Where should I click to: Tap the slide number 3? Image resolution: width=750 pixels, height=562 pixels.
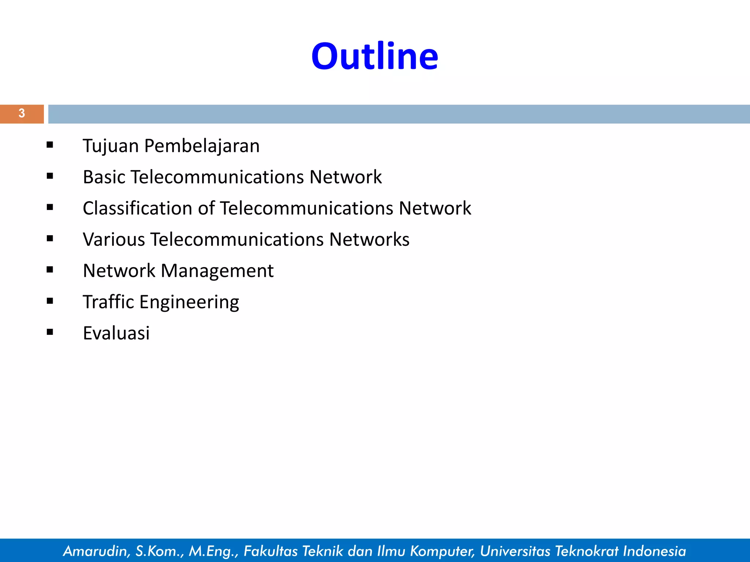[22, 113]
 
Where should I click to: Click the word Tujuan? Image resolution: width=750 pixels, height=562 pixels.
[111, 146]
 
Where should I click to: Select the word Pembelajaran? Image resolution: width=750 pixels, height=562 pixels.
[202, 146]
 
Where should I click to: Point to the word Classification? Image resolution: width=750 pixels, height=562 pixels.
[137, 208]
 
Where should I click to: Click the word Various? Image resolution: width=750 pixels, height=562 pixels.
[114, 240]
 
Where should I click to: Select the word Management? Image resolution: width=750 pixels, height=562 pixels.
[217, 271]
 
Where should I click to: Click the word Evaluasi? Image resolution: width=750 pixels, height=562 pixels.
[116, 333]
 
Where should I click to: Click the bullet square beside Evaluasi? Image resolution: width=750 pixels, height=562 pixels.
[50, 332]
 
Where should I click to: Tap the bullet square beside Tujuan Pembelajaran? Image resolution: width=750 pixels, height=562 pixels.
[50, 145]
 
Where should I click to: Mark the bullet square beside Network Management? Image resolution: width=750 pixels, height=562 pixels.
[50, 270]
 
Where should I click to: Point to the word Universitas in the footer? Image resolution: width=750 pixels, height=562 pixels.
[515, 551]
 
